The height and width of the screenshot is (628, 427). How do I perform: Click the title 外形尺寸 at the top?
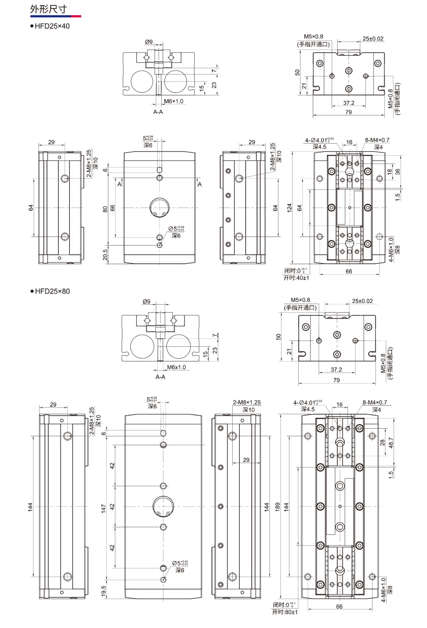[x=48, y=9]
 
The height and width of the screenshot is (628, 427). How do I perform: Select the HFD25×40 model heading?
[x=52, y=26]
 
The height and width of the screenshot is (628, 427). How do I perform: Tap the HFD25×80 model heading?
[x=52, y=291]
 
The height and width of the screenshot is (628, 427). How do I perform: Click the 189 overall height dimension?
[x=277, y=506]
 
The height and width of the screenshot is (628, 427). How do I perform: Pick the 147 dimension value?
[x=104, y=508]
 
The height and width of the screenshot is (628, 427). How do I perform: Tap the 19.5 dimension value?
[x=104, y=591]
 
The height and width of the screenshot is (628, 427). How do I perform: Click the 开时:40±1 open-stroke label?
[x=296, y=278]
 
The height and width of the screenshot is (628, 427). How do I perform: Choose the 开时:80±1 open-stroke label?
[x=285, y=612]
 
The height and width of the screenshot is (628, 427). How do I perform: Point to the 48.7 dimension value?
[x=391, y=443]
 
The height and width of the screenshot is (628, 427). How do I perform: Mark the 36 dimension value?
[x=398, y=172]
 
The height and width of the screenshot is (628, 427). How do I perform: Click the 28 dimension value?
[x=382, y=442]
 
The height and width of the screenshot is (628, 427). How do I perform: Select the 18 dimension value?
[x=389, y=172]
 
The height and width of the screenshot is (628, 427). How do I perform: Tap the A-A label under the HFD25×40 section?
[x=158, y=112]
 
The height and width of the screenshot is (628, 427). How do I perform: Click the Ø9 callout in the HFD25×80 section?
[x=146, y=301]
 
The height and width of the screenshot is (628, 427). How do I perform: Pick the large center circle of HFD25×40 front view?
[x=160, y=207]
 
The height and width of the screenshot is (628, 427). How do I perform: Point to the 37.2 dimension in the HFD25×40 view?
[x=349, y=103]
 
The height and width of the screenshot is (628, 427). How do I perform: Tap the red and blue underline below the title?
[x=55, y=16]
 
